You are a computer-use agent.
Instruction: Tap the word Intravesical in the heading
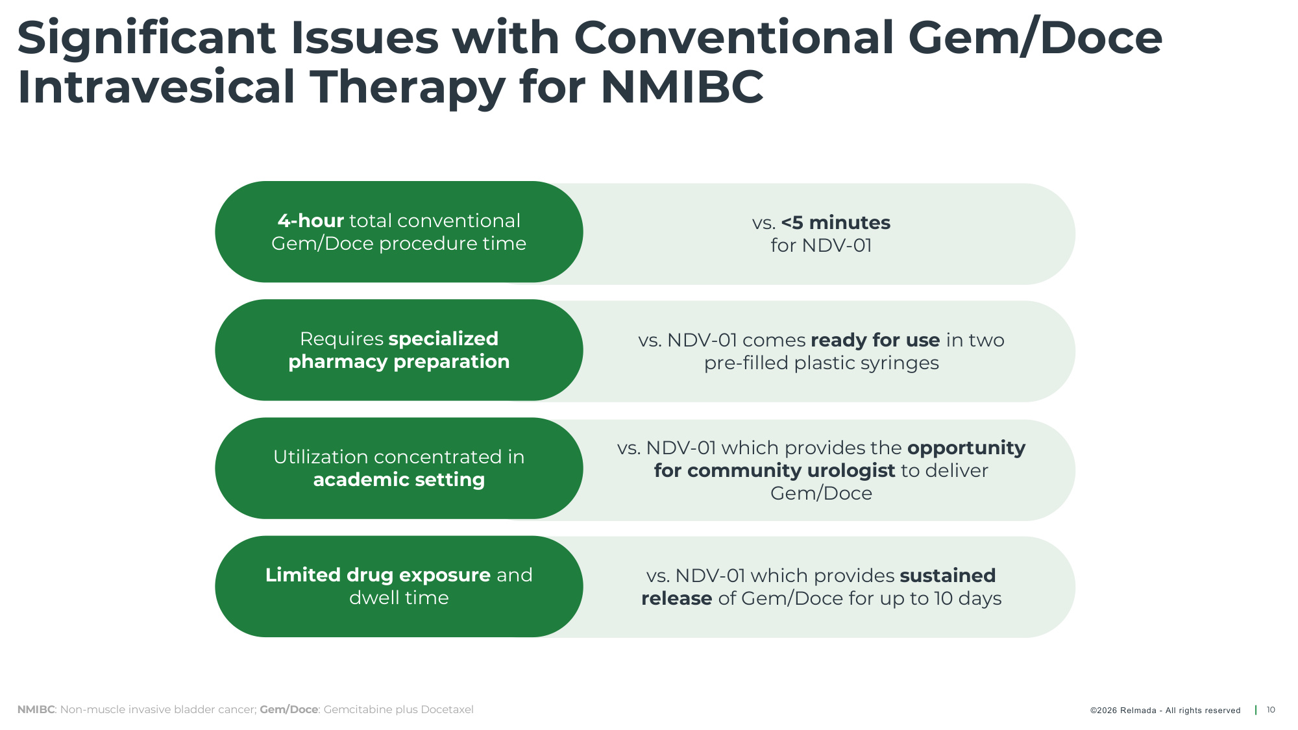click(x=156, y=87)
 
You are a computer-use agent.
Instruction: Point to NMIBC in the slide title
click(x=682, y=87)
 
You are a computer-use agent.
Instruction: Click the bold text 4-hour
click(x=310, y=221)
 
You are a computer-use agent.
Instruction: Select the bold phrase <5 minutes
click(x=836, y=223)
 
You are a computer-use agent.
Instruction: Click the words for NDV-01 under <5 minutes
click(x=821, y=245)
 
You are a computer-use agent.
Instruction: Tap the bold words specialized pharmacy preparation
click(x=399, y=350)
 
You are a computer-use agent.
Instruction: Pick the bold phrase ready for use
click(x=875, y=340)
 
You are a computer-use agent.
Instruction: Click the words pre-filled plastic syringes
click(x=822, y=363)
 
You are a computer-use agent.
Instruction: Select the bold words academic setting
click(x=399, y=480)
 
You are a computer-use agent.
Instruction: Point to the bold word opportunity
click(x=966, y=448)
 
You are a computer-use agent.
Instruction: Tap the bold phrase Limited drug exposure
click(x=378, y=575)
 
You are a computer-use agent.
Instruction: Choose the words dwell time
click(x=399, y=598)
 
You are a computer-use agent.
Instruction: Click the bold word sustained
click(x=948, y=576)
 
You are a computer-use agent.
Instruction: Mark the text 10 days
click(x=968, y=598)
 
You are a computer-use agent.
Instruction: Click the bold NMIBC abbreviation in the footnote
click(x=36, y=709)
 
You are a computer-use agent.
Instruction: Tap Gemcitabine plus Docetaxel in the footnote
click(x=398, y=709)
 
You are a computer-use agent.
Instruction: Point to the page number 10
click(x=1271, y=710)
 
